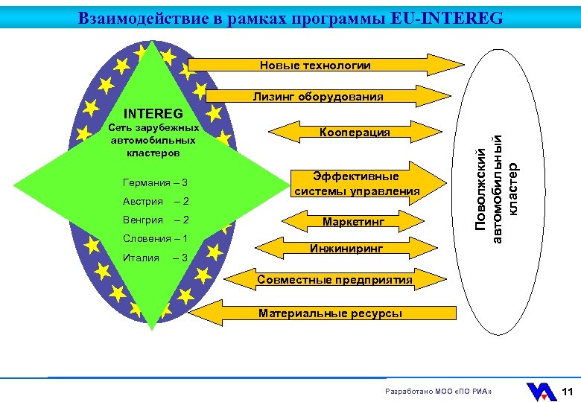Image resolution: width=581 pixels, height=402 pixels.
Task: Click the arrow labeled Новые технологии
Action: click(x=316, y=66)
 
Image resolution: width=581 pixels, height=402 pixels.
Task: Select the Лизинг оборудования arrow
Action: click(x=318, y=96)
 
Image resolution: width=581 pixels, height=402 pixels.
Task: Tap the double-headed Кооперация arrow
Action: click(x=355, y=132)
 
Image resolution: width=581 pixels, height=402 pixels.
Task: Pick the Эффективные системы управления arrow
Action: click(x=356, y=184)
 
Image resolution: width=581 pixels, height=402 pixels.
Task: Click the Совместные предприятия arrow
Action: click(x=334, y=280)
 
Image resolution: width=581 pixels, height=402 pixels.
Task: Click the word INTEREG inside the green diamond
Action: click(x=153, y=115)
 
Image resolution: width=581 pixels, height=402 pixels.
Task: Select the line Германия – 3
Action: click(x=155, y=183)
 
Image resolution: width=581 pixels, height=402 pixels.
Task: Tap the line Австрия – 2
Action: click(x=155, y=202)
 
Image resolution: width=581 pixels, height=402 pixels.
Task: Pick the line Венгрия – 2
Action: click(x=155, y=220)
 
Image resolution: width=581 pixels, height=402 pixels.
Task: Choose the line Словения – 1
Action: click(x=155, y=239)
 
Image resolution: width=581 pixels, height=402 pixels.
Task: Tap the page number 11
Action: click(x=567, y=392)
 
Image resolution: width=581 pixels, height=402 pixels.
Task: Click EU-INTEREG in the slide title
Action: click(x=446, y=17)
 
